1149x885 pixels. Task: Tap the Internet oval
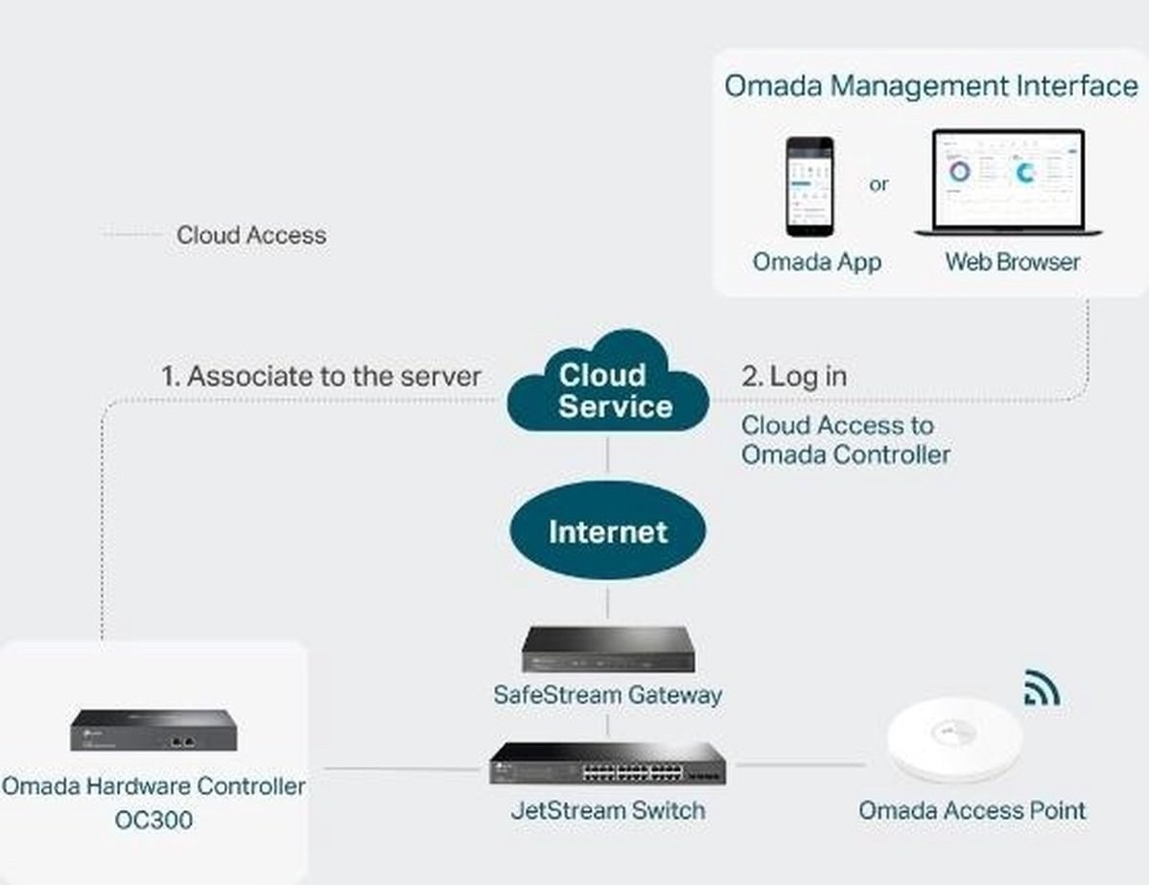pos(607,531)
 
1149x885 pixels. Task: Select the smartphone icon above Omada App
pos(809,187)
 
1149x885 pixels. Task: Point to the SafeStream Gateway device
pos(609,649)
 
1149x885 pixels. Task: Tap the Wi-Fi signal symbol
pos(1041,687)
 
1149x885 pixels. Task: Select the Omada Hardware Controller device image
pos(152,732)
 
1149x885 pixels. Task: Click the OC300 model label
pos(153,821)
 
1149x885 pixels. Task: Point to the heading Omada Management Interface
pos(930,85)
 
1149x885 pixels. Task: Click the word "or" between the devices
pos(879,184)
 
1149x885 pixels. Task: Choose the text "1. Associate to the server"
pos(320,376)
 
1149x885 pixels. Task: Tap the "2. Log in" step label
pos(794,376)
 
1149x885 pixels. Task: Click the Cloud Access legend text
pos(251,235)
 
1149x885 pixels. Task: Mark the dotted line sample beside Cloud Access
pos(131,235)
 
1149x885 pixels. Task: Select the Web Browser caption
pos(1012,262)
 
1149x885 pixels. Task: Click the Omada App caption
pos(816,262)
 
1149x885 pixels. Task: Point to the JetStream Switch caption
pos(608,810)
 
